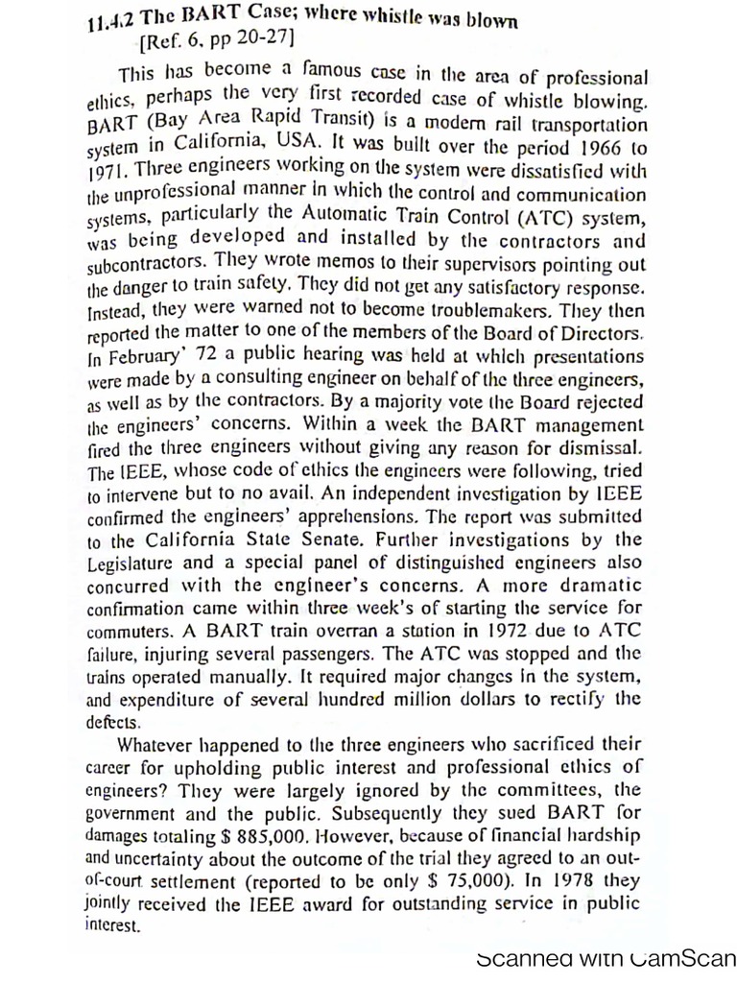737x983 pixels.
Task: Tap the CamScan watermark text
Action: point(605,958)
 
